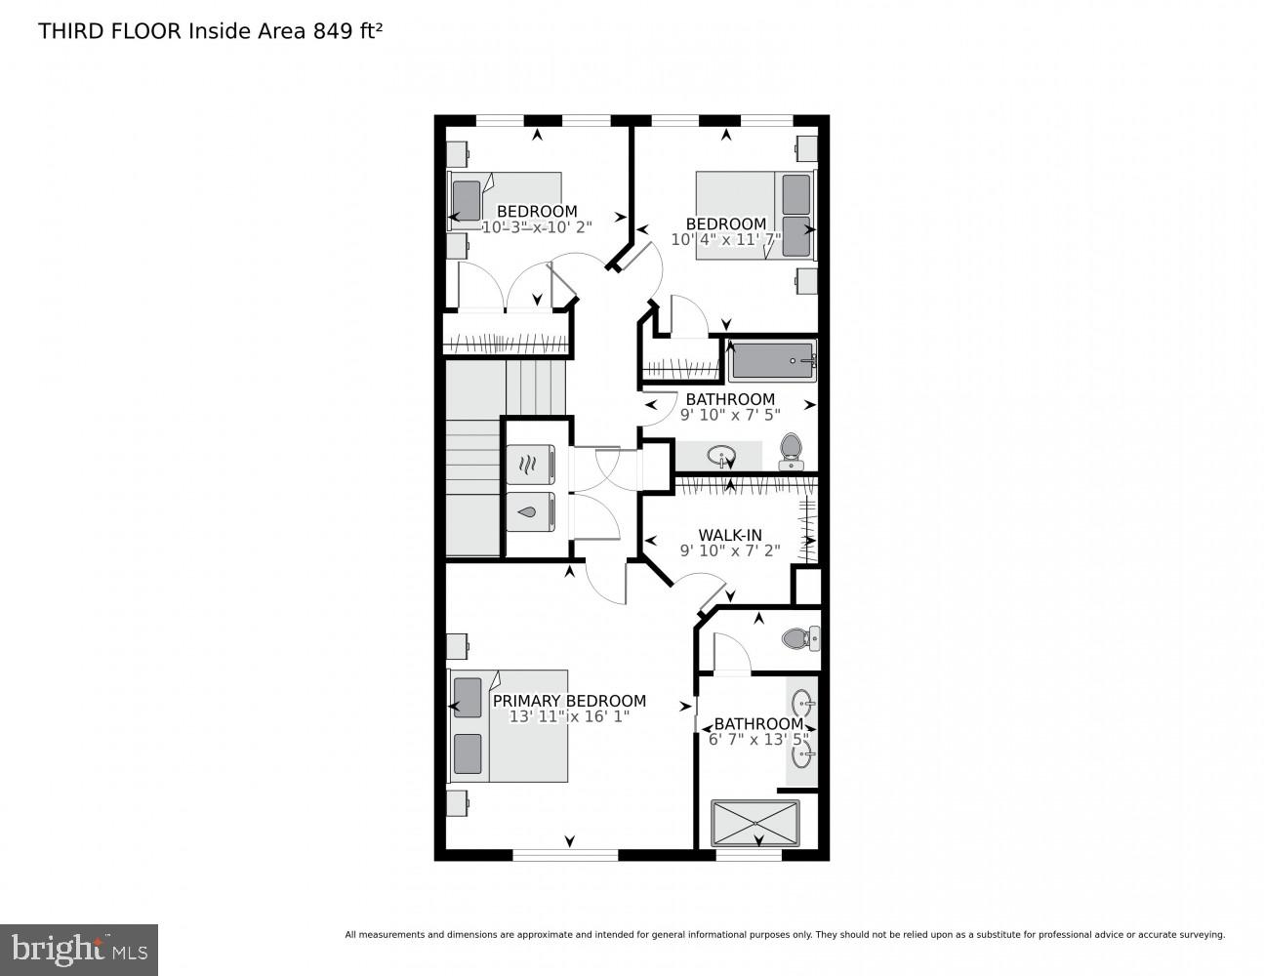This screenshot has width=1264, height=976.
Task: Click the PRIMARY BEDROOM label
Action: coord(569,701)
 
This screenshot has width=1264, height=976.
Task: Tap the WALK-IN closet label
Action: coord(729,535)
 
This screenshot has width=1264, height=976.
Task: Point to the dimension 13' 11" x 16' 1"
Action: coord(569,716)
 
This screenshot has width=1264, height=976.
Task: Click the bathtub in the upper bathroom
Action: coord(772,362)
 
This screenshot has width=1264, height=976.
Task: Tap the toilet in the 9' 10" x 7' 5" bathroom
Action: coord(790,450)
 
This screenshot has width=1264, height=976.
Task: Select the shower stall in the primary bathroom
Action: coord(754,823)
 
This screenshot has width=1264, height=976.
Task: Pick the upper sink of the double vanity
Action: coord(802,702)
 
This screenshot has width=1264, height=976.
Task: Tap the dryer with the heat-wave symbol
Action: coord(530,464)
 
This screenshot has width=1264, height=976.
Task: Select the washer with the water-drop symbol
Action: coord(530,511)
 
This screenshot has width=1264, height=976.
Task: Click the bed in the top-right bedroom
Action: coord(753,216)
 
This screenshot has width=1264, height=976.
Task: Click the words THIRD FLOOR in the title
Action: coord(109,30)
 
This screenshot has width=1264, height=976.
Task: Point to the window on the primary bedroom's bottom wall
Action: coord(565,855)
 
